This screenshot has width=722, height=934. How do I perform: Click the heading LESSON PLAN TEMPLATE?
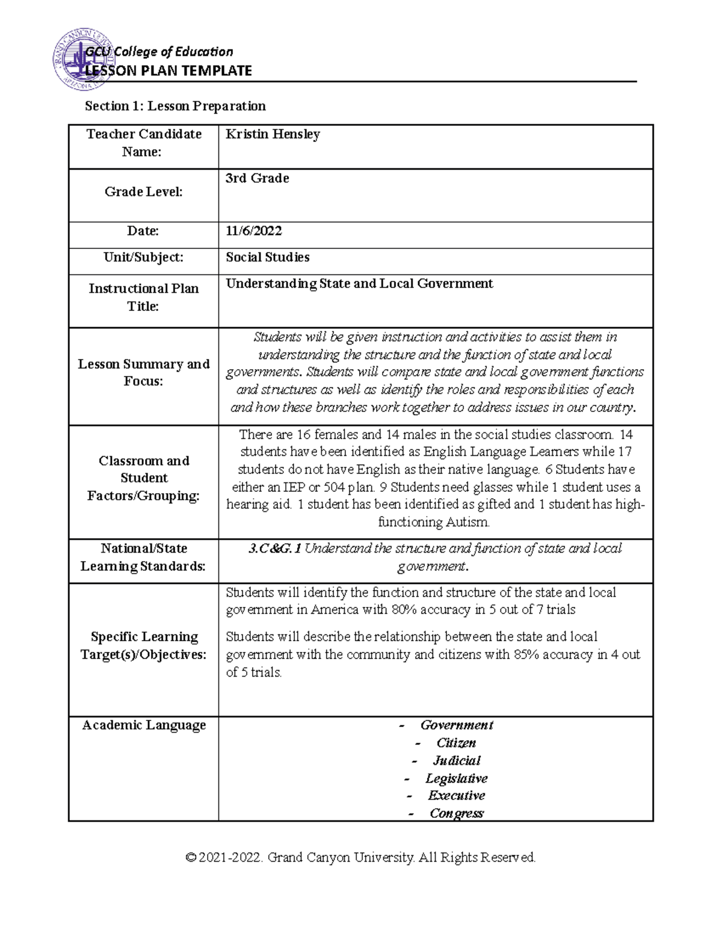pyautogui.click(x=168, y=71)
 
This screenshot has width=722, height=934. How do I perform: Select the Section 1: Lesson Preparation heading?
pyautogui.click(x=175, y=106)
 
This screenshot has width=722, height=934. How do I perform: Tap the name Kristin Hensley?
pyautogui.click(x=273, y=134)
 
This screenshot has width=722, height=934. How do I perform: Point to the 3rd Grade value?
pyautogui.click(x=257, y=179)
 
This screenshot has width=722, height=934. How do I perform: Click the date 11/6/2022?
pyautogui.click(x=253, y=231)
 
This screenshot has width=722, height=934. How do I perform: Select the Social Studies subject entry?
pyautogui.click(x=267, y=257)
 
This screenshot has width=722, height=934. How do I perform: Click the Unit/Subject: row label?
pyautogui.click(x=143, y=257)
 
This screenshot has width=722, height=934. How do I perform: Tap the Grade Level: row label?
pyautogui.click(x=143, y=192)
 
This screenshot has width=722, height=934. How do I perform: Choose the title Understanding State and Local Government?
pyautogui.click(x=359, y=284)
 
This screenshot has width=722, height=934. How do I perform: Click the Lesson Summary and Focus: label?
pyautogui.click(x=143, y=372)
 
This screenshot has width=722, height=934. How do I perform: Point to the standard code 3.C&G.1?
pyautogui.click(x=274, y=548)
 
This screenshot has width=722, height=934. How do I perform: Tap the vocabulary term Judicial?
pyautogui.click(x=457, y=761)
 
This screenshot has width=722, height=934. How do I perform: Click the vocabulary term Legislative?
pyautogui.click(x=456, y=778)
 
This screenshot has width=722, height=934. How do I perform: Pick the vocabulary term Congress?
pyautogui.click(x=456, y=814)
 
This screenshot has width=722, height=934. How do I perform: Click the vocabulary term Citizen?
pyautogui.click(x=456, y=743)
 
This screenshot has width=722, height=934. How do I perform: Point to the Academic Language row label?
pyautogui.click(x=143, y=725)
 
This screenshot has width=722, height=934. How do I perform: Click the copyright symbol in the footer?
pyautogui.click(x=191, y=858)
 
